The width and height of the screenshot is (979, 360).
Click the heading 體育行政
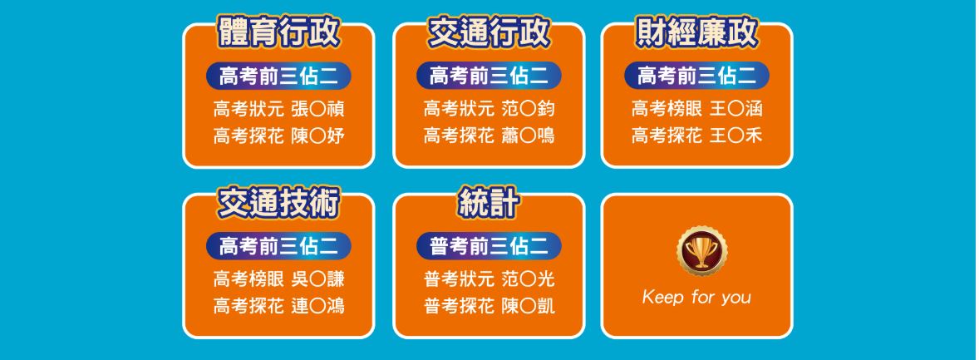coord(278,32)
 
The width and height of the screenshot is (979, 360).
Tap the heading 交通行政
coord(489,32)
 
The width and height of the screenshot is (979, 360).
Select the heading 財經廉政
coord(696,32)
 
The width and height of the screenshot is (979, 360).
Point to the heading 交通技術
coord(278,203)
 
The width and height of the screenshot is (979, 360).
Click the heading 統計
coord(489,203)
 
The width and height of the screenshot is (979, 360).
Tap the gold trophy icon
coord(701,250)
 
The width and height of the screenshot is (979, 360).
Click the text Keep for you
coord(696,297)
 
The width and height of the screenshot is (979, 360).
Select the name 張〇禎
coord(317,110)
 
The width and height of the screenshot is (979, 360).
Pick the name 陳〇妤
coord(317,136)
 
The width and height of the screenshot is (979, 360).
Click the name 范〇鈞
coord(529,110)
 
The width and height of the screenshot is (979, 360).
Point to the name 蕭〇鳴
coord(529,136)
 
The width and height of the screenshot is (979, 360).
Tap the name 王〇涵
coord(736,110)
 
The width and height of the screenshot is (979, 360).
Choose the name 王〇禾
coord(736,136)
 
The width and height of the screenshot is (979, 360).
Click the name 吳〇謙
coord(317,279)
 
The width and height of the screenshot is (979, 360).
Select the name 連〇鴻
coord(317,306)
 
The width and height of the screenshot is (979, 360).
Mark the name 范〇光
coord(529,279)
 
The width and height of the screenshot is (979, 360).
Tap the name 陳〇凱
coord(529,306)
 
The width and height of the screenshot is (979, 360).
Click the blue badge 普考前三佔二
coord(489,246)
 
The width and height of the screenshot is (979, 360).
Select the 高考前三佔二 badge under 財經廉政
coord(696,76)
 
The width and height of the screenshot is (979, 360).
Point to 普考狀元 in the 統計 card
coord(459,279)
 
